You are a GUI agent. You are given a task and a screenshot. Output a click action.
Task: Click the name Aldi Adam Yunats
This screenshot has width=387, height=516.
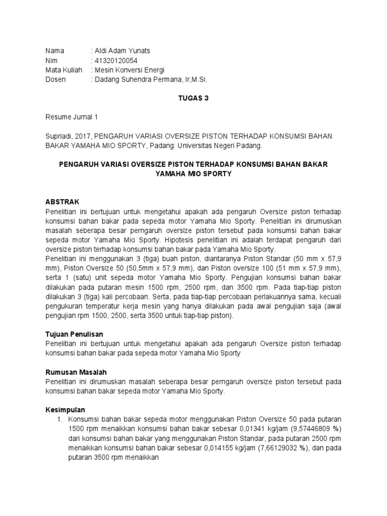click(x=122, y=51)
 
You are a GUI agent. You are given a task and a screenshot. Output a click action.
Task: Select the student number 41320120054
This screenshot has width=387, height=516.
click(x=117, y=60)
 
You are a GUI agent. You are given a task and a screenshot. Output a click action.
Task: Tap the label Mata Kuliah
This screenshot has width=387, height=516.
click(x=63, y=70)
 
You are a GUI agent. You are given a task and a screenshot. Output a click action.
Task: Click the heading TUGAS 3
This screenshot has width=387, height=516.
click(x=193, y=99)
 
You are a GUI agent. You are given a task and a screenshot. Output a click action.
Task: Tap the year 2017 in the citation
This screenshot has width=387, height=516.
click(x=84, y=137)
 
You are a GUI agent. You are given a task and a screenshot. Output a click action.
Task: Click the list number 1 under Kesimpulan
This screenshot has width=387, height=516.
click(x=58, y=420)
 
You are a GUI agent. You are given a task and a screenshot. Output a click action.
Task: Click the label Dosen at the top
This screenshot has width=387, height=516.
click(x=55, y=80)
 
